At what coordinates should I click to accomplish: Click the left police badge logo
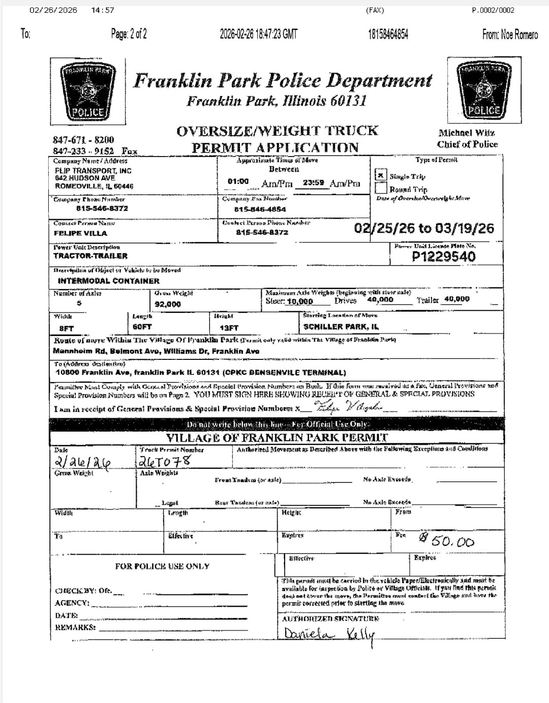[88, 91]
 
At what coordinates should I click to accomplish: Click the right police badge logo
[484, 90]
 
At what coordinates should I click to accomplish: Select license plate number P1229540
[443, 257]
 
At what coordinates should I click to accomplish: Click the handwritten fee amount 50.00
[447, 541]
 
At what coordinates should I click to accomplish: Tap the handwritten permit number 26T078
[165, 461]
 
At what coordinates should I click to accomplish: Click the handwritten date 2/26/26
[82, 462]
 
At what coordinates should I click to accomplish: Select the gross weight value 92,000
[168, 304]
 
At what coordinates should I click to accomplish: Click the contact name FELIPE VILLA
[80, 233]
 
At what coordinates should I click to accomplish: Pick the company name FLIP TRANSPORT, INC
[93, 171]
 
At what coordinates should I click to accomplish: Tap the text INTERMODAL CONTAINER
[108, 281]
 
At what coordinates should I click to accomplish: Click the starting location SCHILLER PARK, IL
[341, 327]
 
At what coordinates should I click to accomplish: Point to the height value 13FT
[229, 328]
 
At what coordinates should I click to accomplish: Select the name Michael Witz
[467, 133]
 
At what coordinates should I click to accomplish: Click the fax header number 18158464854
[388, 35]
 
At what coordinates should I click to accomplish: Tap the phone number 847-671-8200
[83, 139]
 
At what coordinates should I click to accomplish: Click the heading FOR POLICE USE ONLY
[162, 566]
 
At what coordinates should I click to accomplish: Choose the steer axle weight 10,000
[300, 301]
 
